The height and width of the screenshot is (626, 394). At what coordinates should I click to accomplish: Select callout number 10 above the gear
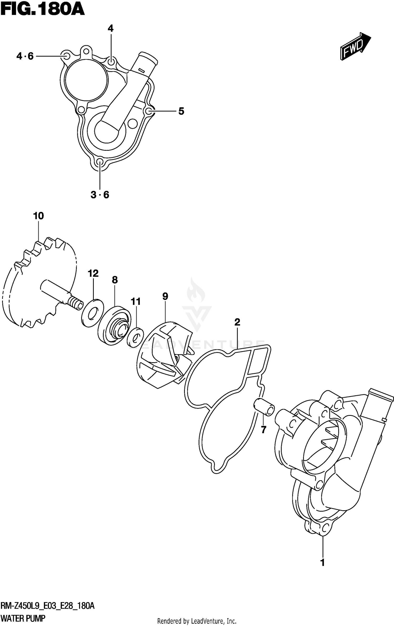click(x=38, y=216)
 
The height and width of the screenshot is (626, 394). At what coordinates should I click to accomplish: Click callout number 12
click(x=93, y=274)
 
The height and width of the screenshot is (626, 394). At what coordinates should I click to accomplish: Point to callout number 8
click(x=115, y=280)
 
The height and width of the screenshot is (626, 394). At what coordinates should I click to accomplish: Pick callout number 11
click(x=136, y=301)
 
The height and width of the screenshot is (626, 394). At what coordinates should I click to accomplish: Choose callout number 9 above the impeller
click(x=165, y=296)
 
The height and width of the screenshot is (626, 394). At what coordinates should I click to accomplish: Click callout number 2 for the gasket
click(x=237, y=322)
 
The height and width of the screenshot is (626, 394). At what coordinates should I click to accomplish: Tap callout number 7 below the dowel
click(x=263, y=430)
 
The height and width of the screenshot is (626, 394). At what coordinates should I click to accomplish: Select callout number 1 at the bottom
click(x=323, y=563)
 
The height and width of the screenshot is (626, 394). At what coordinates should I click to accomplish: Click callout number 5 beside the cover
click(x=181, y=111)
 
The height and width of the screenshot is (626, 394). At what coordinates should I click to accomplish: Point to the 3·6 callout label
click(x=100, y=195)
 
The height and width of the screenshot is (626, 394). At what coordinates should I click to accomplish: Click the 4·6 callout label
click(x=25, y=56)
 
